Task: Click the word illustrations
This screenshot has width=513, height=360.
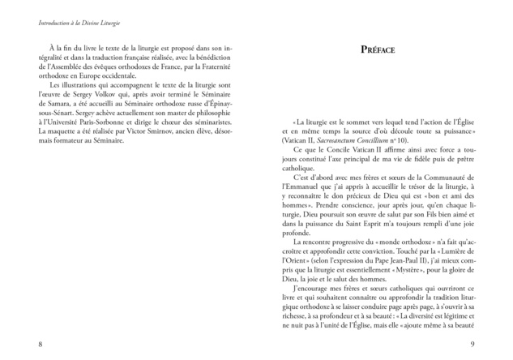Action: pyautogui.click(x=80, y=84)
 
